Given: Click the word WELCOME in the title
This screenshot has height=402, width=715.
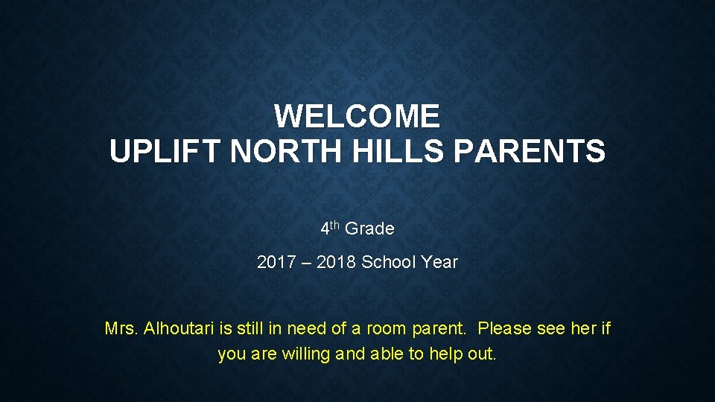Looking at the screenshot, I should point(357,116).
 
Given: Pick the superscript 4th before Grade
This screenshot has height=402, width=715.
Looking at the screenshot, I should point(330,228).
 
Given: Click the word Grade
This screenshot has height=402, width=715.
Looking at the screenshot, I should point(369,229).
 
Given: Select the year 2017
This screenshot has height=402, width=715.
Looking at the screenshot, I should point(275,262).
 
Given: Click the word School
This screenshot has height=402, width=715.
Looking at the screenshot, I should point(389,262).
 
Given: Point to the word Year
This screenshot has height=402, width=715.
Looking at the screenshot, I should point(439,262).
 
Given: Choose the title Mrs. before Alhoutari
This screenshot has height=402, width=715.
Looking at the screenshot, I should point(121,328).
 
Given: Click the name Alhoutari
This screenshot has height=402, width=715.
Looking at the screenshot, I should point(178,328).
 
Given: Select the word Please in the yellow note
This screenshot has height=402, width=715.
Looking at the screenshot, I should point(504,328).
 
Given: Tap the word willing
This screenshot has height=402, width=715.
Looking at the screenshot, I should point(306,354).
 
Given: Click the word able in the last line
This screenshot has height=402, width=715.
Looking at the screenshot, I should point(387,354).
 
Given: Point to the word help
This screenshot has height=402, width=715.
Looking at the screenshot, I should point(446,354).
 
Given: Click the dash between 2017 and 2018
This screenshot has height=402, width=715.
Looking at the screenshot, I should point(305,262).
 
